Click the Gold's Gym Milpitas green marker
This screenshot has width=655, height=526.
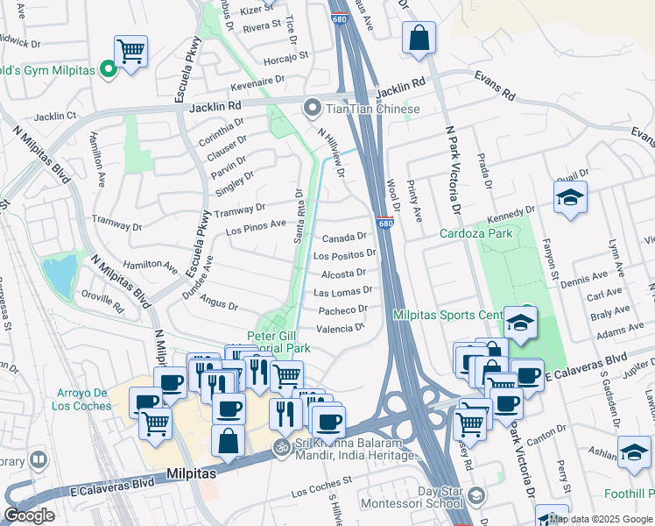109,68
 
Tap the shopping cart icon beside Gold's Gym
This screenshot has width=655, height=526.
130,51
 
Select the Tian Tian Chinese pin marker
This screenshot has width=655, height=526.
312,109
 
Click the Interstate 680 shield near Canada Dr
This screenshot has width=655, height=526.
385,224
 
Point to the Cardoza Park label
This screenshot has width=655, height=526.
476,233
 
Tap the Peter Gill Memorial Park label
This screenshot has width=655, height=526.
278,342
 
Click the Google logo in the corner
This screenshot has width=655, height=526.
29,515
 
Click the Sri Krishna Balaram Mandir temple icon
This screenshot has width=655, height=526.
281,446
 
